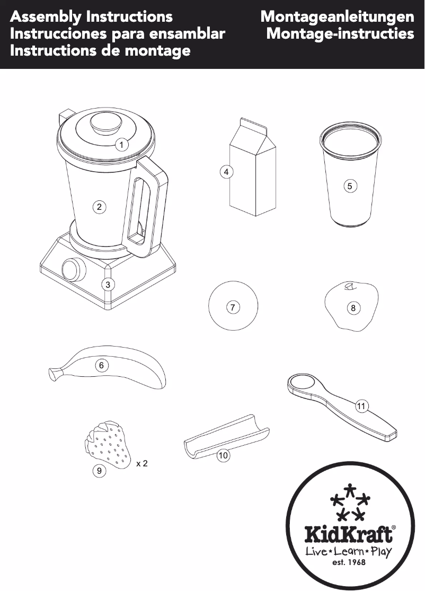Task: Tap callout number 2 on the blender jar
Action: pyautogui.click(x=99, y=207)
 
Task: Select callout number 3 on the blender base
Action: pyautogui.click(x=108, y=284)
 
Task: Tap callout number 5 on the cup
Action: pyautogui.click(x=350, y=186)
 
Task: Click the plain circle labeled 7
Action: pyautogui.click(x=233, y=306)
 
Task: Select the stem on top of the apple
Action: pyautogui.click(x=349, y=287)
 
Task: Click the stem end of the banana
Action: pyautogui.click(x=54, y=374)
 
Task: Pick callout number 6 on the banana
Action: pyautogui.click(x=101, y=365)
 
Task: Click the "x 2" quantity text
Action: pyautogui.click(x=141, y=464)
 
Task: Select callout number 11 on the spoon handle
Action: pyautogui.click(x=361, y=406)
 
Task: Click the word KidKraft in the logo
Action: pyautogui.click(x=349, y=534)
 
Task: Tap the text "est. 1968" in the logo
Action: pyautogui.click(x=349, y=563)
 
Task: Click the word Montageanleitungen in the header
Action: pyautogui.click(x=337, y=16)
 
